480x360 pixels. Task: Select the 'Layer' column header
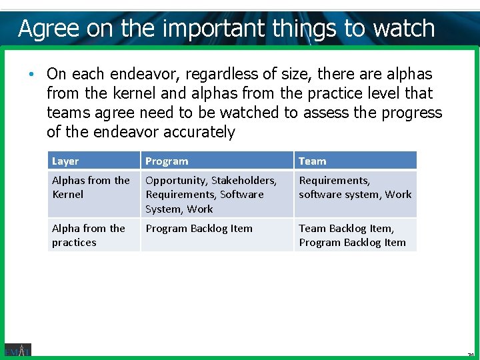tap(65, 161)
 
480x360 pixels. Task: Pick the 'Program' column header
tap(167, 161)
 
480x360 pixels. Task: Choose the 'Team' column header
tap(312, 161)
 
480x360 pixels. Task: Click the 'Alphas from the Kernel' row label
tap(91, 187)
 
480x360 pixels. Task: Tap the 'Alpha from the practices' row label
tap(88, 235)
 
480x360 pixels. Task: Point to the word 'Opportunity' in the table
tap(175, 181)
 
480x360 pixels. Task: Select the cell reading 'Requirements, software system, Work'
tap(355, 187)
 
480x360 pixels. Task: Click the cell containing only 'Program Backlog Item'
tap(199, 229)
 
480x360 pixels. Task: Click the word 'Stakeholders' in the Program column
tap(244, 181)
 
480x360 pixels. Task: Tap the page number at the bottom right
tap(470, 355)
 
